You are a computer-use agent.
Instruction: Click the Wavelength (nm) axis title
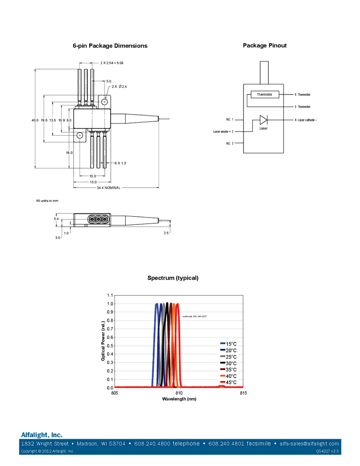tap(179, 399)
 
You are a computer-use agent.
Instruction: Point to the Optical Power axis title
tap(103, 340)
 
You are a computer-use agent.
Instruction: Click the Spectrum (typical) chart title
tap(173, 278)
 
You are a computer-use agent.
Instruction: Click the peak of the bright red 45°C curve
tap(178, 304)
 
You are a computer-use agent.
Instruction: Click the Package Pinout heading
tap(265, 46)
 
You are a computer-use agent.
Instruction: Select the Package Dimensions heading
tap(110, 46)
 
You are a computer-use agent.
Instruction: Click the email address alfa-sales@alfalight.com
tap(309, 444)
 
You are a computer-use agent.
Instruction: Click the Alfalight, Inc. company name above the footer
tap(42, 434)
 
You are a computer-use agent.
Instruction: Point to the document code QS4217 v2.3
tap(328, 451)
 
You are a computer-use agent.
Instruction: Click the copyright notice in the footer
tap(47, 451)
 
